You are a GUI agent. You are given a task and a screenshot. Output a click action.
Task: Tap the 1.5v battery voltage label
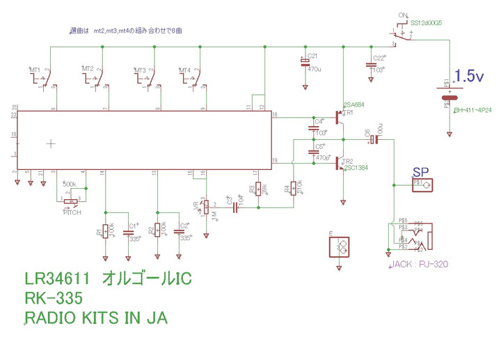point(470,77)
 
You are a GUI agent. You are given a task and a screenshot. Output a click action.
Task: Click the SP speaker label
point(420,171)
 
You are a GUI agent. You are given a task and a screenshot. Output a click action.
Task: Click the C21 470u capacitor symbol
point(305,63)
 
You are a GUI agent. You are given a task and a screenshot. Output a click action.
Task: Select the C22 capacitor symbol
point(369,64)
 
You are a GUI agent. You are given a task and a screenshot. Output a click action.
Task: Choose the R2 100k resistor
point(159,230)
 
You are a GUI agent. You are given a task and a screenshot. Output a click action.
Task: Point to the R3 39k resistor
point(259,189)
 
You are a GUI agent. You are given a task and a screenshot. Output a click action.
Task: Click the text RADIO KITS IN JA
point(96,319)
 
